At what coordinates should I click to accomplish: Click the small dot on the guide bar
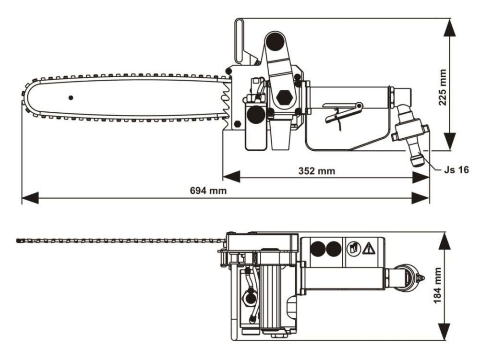(71, 98)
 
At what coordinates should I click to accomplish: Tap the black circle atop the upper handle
(275, 40)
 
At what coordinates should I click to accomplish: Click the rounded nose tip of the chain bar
(25, 98)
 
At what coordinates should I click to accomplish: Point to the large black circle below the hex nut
(256, 114)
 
